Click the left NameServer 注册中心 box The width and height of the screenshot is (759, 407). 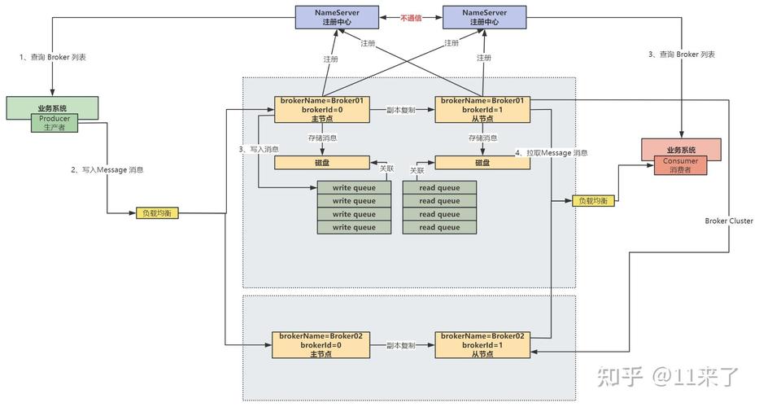tap(337, 17)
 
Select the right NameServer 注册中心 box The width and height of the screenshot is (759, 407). tap(485, 17)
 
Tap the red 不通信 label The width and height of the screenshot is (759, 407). tap(411, 18)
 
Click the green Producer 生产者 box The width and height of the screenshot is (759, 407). tap(55, 123)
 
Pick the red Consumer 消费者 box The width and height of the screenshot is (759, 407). tap(681, 165)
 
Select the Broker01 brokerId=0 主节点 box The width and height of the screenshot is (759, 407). tap(322, 110)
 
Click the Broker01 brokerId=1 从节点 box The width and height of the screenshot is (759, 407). tap(482, 110)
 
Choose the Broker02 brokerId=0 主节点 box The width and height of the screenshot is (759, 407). tap(321, 345)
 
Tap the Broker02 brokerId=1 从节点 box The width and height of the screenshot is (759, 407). tap(482, 345)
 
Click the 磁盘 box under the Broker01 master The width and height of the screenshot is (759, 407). tap(322, 163)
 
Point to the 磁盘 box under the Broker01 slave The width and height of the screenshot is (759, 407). tap(482, 163)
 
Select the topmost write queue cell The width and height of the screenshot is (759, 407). tap(354, 187)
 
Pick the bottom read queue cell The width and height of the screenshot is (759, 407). tap(439, 227)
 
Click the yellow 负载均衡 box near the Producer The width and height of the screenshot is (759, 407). tap(157, 212)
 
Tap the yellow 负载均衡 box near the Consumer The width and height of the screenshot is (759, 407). tap(594, 200)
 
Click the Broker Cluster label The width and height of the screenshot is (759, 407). tap(729, 221)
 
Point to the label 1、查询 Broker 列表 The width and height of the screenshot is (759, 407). tap(53, 57)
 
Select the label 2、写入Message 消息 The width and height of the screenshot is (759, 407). tap(107, 170)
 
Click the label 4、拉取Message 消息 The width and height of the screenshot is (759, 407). tap(552, 153)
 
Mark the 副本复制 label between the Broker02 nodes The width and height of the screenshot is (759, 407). tap(401, 345)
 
